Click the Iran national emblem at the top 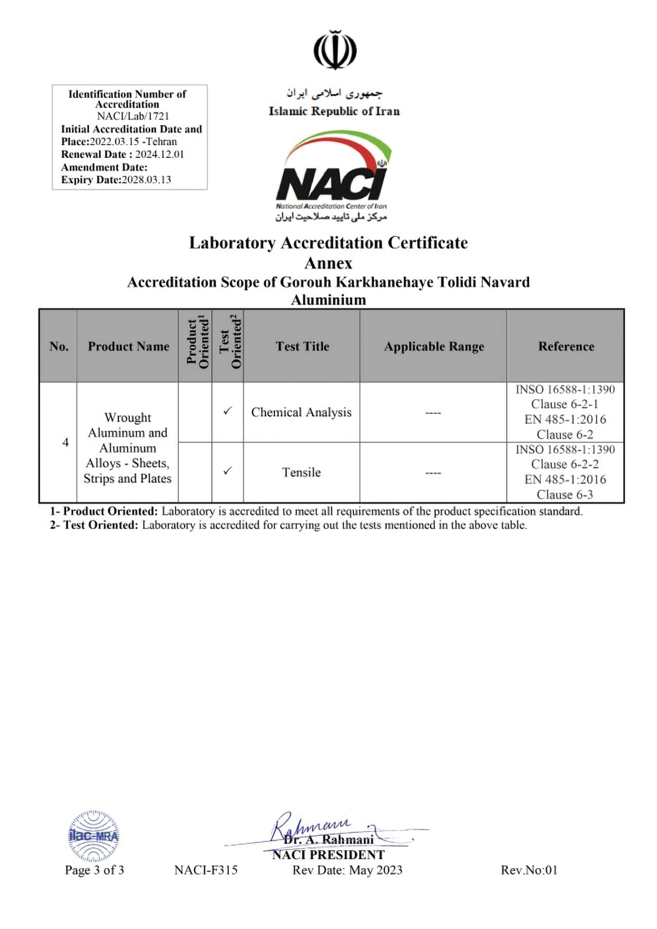click(335, 51)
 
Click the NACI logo click(332, 175)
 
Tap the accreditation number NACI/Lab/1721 click(133, 116)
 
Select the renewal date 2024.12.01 click(159, 155)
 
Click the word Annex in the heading click(328, 262)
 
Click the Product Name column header click(128, 346)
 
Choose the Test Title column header click(302, 346)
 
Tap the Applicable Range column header click(434, 346)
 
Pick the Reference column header click(566, 346)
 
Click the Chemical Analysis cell click(301, 412)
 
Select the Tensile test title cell click(301, 472)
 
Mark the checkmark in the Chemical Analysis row click(227, 411)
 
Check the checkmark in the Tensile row click(227, 471)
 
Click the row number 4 click(66, 443)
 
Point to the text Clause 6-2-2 click(565, 464)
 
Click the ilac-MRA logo click(93, 835)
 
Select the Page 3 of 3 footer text click(95, 870)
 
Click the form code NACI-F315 click(206, 870)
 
